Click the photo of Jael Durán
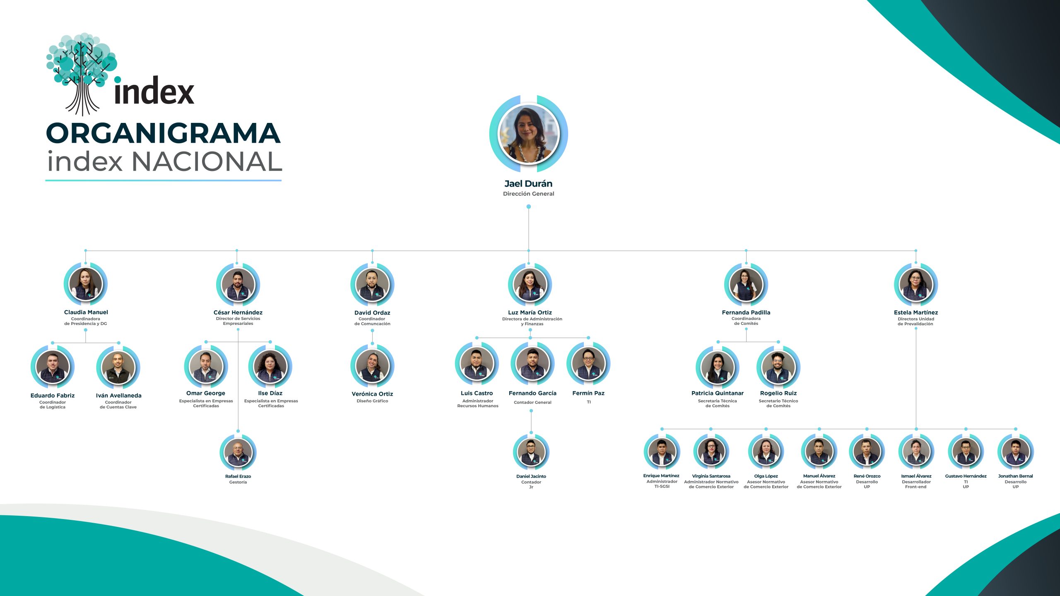pos(528,134)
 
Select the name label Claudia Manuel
pos(86,312)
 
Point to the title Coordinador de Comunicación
pos(372,321)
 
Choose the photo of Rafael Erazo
pos(238,453)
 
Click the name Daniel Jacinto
pos(531,476)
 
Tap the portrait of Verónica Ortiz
pos(372,366)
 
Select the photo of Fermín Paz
pos(588,363)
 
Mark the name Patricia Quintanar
pos(718,393)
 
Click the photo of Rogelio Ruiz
pos(778,367)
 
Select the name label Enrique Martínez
pos(661,476)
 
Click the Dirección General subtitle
pos(528,194)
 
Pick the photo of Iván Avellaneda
pos(118,368)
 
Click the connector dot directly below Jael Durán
pos(528,207)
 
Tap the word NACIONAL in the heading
pos(207,161)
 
